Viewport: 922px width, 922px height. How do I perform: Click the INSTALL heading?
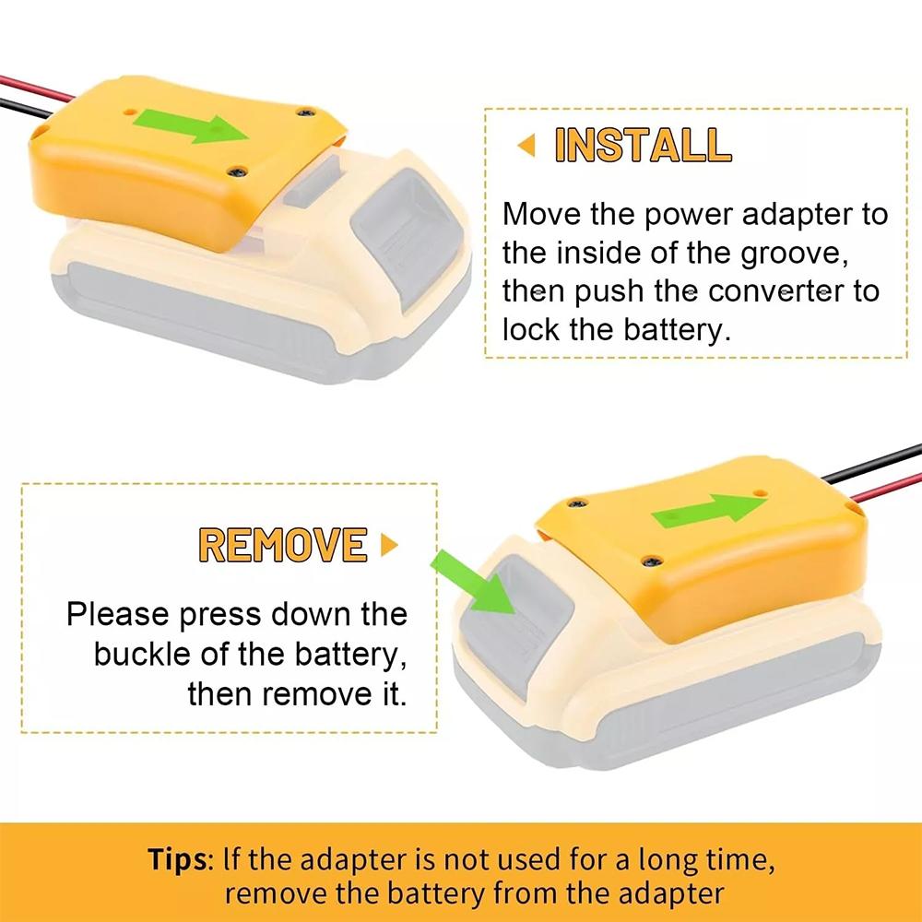[x=643, y=146]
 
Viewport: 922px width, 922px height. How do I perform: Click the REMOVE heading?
[x=283, y=544]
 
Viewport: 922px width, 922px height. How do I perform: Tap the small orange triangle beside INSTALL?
[x=527, y=145]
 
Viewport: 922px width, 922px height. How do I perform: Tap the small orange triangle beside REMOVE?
[x=389, y=545]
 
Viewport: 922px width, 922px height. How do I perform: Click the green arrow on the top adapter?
[x=195, y=126]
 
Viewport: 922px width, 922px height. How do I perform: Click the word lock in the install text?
[x=531, y=330]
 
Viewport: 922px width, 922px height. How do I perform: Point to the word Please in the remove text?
[x=116, y=613]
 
